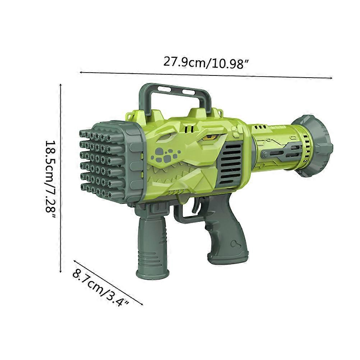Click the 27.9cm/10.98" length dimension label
click(206, 63)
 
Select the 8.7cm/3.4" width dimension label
click(100, 289)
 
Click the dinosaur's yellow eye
click(211, 137)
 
